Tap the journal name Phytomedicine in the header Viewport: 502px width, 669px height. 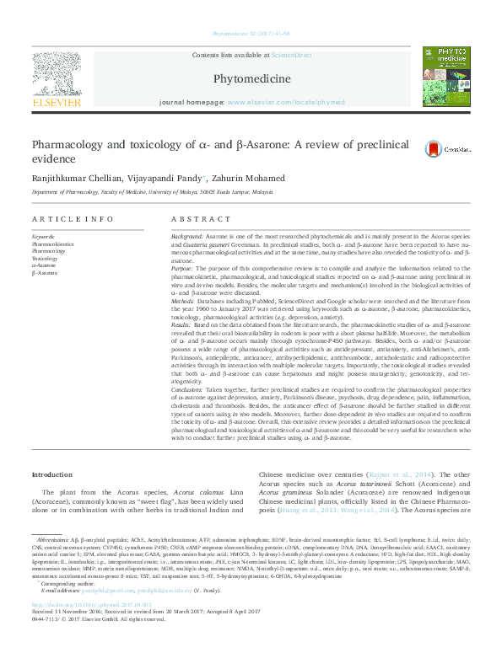(251, 79)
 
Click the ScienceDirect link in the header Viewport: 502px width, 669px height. (291, 54)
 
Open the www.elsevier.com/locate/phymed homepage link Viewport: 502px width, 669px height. (285, 102)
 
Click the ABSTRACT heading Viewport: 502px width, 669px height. (189, 218)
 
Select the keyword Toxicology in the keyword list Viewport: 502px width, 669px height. (46, 259)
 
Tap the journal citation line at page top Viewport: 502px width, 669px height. (251, 34)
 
